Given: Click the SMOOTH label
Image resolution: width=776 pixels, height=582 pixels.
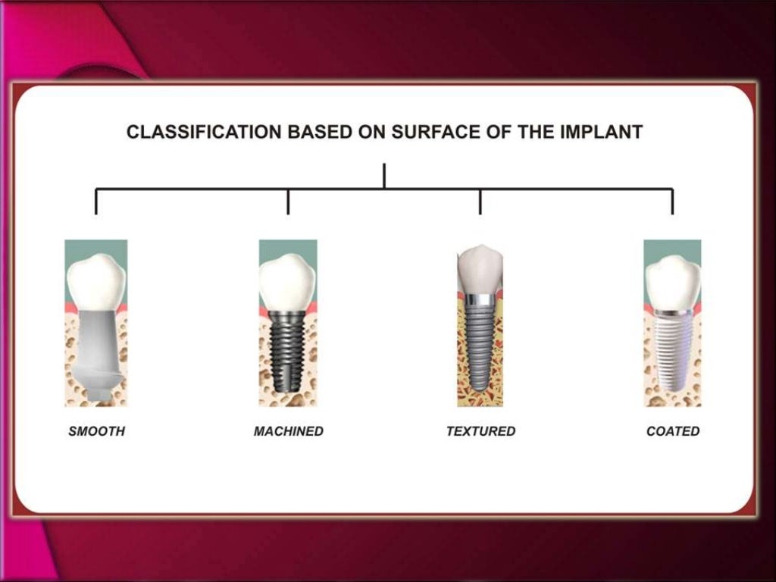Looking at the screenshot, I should (97, 431).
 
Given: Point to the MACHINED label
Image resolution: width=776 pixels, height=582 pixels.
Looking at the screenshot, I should (288, 431).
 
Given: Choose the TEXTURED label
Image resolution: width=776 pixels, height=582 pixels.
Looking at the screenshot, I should (480, 431).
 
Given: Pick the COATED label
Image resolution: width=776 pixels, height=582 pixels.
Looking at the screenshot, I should (673, 431).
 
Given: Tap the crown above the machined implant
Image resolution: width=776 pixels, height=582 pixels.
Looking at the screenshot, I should (287, 281).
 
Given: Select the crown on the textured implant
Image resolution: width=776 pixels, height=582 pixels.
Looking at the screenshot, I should (480, 269).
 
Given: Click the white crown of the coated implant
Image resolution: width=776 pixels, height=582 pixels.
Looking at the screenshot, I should (672, 280).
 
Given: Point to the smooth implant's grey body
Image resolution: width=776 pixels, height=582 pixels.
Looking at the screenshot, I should (96, 345).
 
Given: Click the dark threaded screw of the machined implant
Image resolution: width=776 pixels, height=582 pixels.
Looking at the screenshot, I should (287, 349).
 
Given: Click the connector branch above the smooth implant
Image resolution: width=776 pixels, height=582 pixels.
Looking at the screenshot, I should (96, 201).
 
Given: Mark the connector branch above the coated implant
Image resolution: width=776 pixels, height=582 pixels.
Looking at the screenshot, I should (672, 201).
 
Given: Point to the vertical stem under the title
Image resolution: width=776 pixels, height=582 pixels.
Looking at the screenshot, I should (384, 175).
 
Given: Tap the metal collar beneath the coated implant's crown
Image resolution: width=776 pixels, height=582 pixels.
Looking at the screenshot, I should (672, 311).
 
